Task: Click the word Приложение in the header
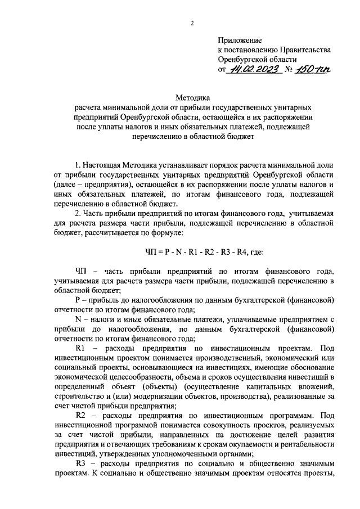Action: [240, 40]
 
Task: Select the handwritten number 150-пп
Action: [314, 70]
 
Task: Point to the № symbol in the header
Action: [290, 70]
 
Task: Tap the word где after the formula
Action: [262, 253]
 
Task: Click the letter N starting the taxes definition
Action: [78, 319]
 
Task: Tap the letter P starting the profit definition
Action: [77, 300]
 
